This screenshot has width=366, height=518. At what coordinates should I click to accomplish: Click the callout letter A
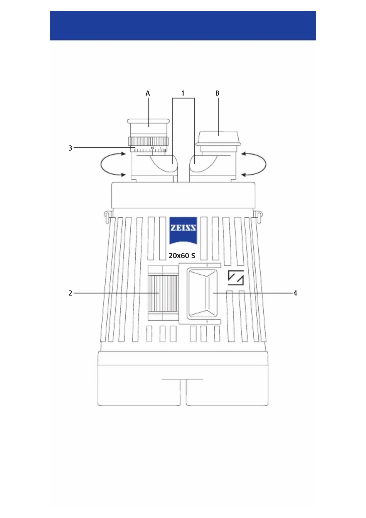148,93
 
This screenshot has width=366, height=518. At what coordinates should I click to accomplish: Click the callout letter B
217,93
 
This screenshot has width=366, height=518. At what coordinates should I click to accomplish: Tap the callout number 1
183,93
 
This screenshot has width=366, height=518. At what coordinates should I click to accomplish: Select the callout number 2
70,293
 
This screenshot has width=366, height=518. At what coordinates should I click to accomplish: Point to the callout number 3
70,148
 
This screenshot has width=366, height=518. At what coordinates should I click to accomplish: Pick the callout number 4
295,293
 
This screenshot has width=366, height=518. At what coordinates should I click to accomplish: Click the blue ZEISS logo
183,231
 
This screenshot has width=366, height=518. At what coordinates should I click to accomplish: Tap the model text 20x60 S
182,256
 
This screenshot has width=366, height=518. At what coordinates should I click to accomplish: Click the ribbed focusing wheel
163,293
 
